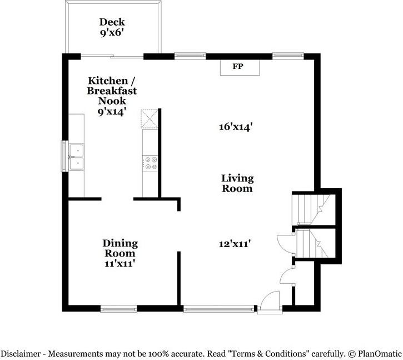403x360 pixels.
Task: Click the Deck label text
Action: click(x=112, y=22)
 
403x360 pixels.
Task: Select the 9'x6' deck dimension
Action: click(x=112, y=33)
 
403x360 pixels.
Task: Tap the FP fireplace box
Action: click(x=238, y=67)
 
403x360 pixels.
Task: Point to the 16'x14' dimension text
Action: click(x=236, y=127)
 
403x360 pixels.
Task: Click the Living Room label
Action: click(x=237, y=183)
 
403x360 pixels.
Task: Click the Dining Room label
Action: click(x=120, y=248)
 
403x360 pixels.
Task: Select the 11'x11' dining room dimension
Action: click(x=120, y=263)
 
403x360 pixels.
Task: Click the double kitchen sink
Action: click(x=77, y=156)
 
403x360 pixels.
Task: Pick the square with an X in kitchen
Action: click(x=150, y=119)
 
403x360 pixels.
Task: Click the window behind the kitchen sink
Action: click(x=63, y=156)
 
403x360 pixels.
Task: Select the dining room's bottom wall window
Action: click(x=118, y=308)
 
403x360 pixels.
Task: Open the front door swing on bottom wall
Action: click(x=270, y=304)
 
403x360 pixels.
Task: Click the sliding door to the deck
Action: click(x=112, y=56)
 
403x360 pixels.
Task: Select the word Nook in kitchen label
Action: click(x=112, y=101)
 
